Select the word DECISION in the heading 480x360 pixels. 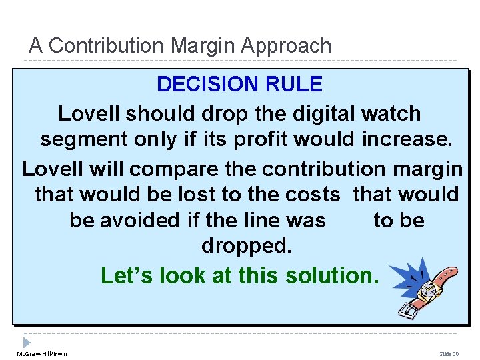[x=201, y=85]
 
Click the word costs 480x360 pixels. [x=313, y=194]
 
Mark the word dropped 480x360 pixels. [x=246, y=246]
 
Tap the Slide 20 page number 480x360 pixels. [x=449, y=353]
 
